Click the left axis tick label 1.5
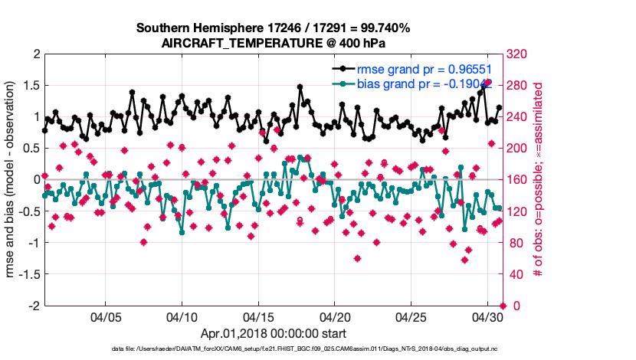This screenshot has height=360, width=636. click(31, 86)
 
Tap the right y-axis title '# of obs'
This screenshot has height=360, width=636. click(539, 180)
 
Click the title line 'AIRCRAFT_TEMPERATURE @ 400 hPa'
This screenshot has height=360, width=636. click(273, 43)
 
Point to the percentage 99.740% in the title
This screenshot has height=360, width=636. click(383, 28)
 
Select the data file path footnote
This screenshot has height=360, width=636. click(317, 349)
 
